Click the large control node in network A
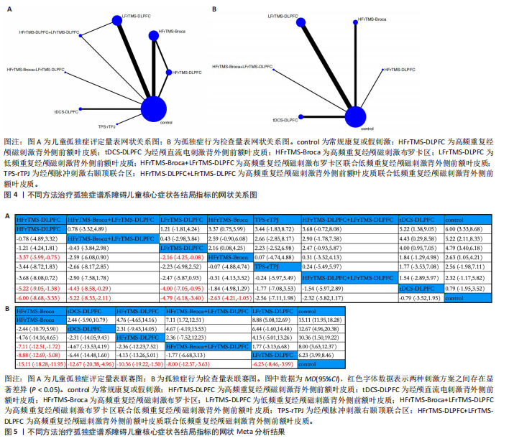tap(152, 110)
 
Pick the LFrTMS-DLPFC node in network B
tap(302, 16)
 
